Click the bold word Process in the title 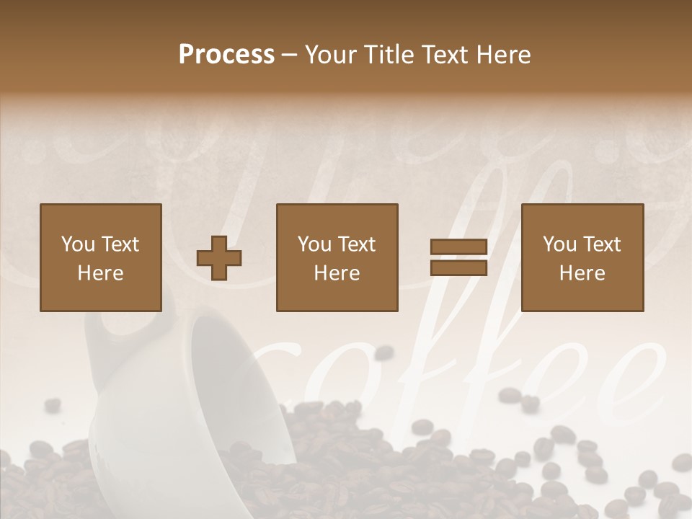[x=226, y=55]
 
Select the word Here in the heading [x=502, y=55]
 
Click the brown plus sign [x=219, y=258]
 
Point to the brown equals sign [x=458, y=257]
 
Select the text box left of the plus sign [x=100, y=257]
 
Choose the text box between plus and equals [x=337, y=257]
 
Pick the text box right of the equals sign [x=582, y=257]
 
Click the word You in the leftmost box [x=78, y=244]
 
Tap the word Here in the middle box [x=337, y=273]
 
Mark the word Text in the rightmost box [x=601, y=244]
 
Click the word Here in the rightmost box [x=582, y=273]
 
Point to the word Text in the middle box [x=356, y=244]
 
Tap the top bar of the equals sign [x=458, y=247]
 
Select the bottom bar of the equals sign [x=458, y=267]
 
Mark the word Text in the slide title [x=443, y=55]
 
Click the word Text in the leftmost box [x=120, y=244]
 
